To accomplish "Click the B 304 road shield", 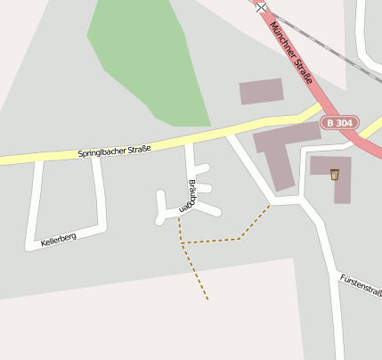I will [x=339, y=122].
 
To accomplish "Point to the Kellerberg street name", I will [x=59, y=239].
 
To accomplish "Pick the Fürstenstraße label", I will [x=362, y=286].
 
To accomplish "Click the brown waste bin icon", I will [x=335, y=174].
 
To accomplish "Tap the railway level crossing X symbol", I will [x=261, y=7].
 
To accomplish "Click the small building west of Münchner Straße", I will [x=261, y=91].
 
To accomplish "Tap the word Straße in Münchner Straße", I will [x=306, y=70].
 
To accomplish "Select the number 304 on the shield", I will [x=344, y=122].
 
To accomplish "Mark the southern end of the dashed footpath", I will [x=207, y=299].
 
